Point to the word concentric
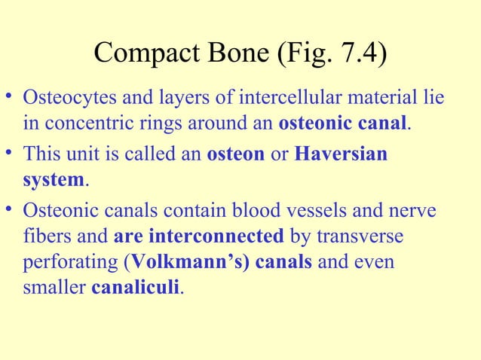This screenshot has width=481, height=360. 80,122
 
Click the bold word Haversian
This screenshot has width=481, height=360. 340,154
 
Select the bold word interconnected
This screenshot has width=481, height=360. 199,237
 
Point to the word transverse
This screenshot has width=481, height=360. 357,237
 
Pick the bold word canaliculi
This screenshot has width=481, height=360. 136,288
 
